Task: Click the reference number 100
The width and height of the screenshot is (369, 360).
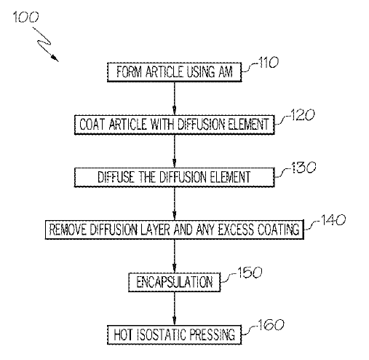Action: click(x=25, y=17)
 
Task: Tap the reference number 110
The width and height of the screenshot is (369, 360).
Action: click(x=269, y=63)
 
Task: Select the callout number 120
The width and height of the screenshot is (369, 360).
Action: click(x=302, y=115)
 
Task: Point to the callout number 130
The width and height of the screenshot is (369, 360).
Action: click(x=303, y=168)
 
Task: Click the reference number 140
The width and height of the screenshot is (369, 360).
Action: click(x=333, y=220)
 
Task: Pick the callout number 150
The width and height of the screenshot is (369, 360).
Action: click(x=250, y=273)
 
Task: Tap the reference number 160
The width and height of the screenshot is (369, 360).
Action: click(x=271, y=325)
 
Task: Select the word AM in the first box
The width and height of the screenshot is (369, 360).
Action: click(x=226, y=72)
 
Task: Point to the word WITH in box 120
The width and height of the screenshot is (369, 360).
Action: click(x=162, y=125)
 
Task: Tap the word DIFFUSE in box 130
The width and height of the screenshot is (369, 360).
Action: click(x=116, y=177)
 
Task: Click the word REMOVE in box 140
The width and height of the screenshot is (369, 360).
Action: click(x=68, y=230)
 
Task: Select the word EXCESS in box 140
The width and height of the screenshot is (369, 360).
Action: click(x=236, y=230)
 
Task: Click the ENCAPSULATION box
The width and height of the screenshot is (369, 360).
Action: click(x=174, y=282)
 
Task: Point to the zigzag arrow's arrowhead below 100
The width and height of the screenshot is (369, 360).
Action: click(x=55, y=58)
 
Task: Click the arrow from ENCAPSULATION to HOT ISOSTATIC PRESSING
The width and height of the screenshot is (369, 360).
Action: click(x=174, y=308)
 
